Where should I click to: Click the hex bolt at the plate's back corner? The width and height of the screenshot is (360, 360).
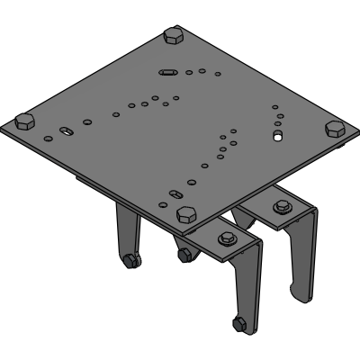click(x=172, y=37)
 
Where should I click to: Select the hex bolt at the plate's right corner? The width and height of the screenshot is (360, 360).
click(x=335, y=127)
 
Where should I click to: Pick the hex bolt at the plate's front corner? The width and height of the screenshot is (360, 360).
click(x=186, y=213)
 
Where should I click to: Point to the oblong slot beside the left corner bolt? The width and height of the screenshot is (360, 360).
click(x=68, y=132)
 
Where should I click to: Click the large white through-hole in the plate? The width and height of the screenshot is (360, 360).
click(x=278, y=138)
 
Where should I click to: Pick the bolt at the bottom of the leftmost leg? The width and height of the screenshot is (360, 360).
click(x=131, y=262)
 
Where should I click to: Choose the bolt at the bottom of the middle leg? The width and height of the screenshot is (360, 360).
click(x=184, y=256)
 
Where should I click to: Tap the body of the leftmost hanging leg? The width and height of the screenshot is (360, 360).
click(x=126, y=232)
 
